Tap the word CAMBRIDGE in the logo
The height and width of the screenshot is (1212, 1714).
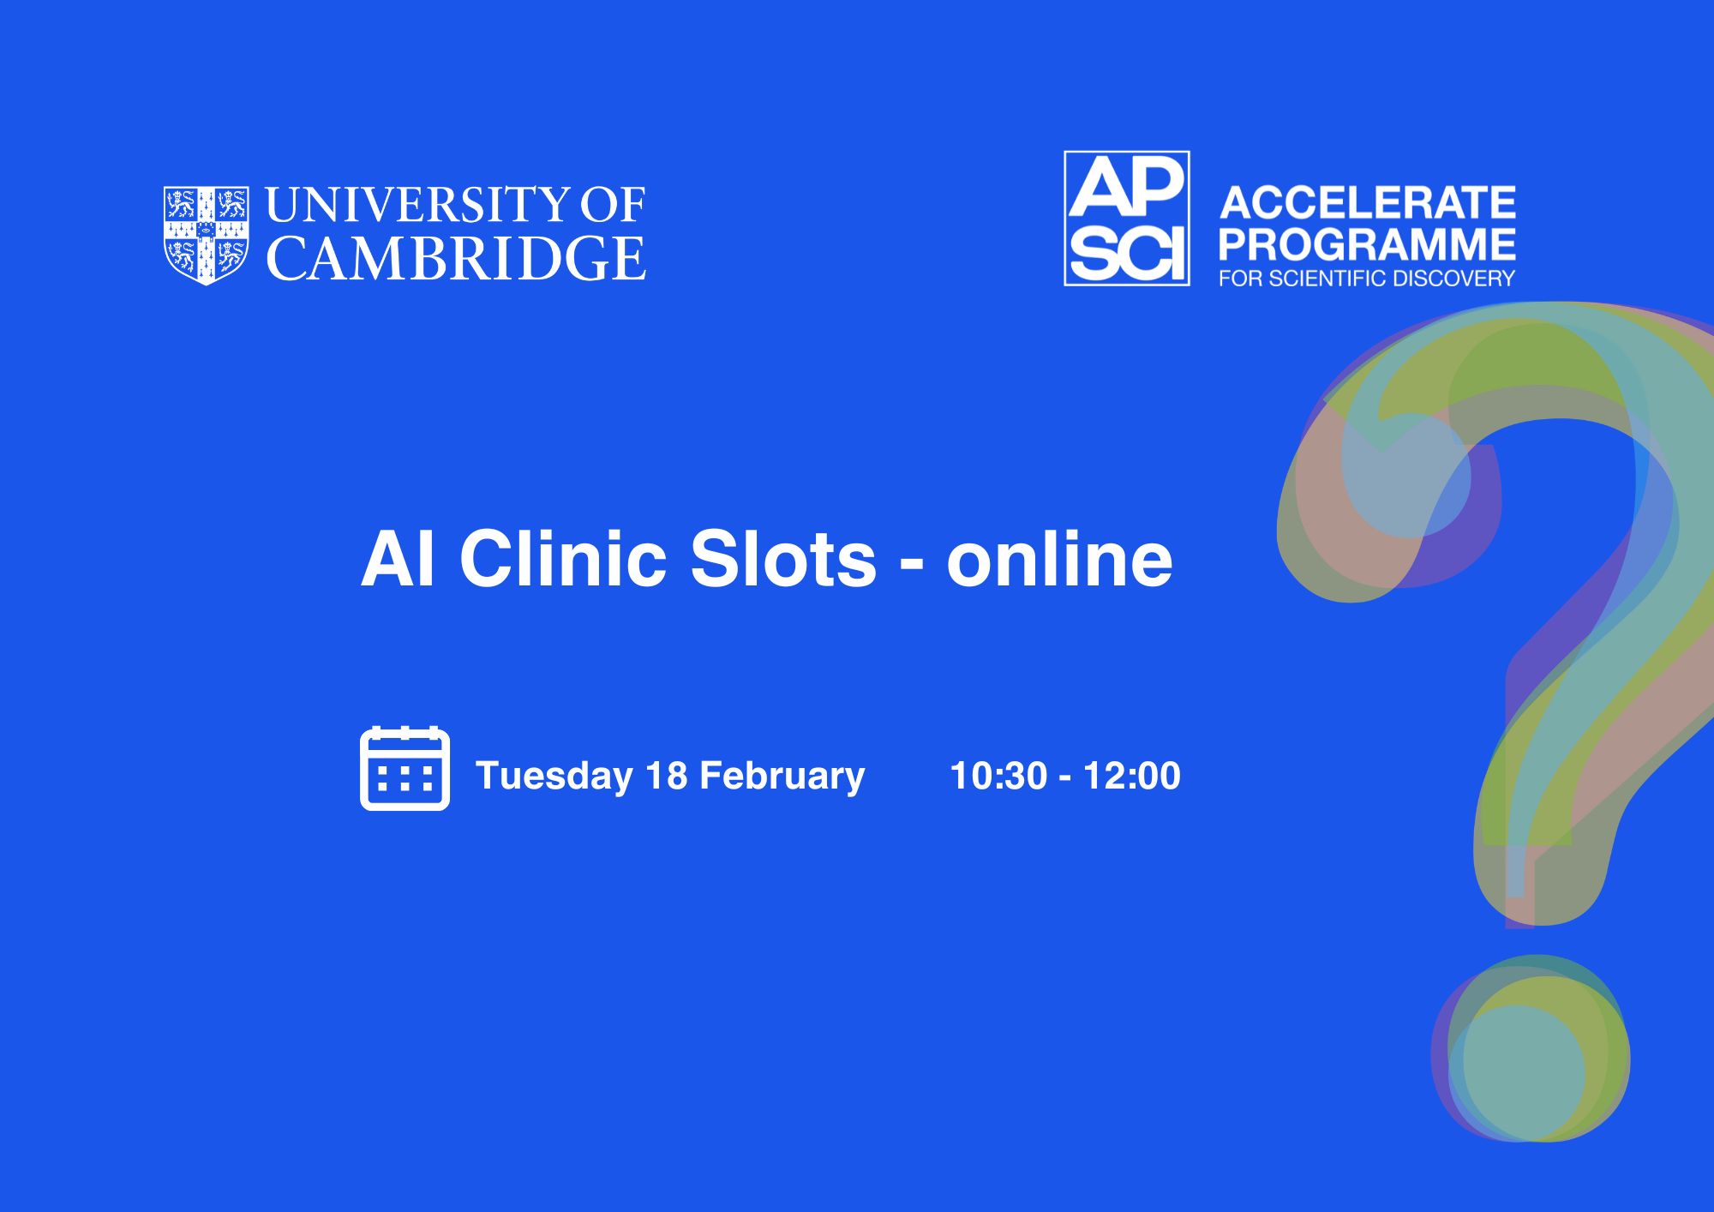(x=457, y=258)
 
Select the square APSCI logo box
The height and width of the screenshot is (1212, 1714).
(x=1127, y=219)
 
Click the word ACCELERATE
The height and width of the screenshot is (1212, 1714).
(x=1368, y=203)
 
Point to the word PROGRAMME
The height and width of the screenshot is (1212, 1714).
(x=1368, y=244)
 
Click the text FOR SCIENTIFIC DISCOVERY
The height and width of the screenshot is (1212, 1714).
(x=1368, y=279)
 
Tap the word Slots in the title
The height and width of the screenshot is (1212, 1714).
(x=783, y=559)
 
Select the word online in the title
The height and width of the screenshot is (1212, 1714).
(x=1059, y=559)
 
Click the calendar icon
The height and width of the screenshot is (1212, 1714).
(x=405, y=768)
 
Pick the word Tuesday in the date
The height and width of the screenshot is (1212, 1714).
(x=554, y=776)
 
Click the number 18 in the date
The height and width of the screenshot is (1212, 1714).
(x=667, y=776)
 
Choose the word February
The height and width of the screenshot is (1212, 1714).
(x=782, y=776)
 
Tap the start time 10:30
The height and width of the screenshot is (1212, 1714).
(x=999, y=776)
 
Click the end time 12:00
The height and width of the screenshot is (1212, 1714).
(x=1132, y=776)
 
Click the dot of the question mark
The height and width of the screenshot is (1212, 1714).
(x=1531, y=1048)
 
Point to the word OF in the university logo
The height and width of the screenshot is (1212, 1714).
(x=613, y=205)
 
